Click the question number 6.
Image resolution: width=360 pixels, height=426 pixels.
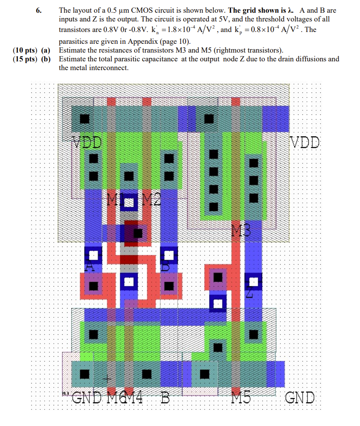(x=38, y=10)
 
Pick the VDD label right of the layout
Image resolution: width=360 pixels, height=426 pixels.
(x=305, y=143)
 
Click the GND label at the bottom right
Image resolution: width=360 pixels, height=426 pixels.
(x=300, y=398)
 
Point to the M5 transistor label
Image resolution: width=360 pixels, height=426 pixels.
(x=241, y=398)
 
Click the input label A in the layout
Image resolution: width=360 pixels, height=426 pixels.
(x=90, y=266)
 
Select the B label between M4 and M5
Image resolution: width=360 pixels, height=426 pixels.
(x=165, y=398)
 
